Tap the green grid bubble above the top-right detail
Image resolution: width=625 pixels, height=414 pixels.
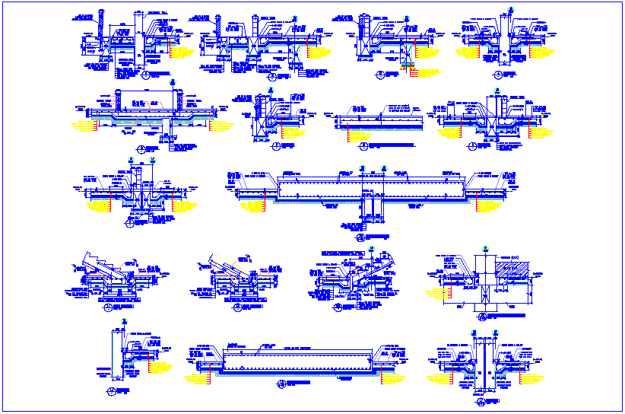coord(510,8)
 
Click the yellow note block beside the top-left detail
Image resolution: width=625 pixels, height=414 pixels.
coord(181,53)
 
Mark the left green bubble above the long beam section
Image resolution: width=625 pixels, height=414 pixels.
coord(360,167)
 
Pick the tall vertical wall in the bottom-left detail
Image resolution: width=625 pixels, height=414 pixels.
coord(119,350)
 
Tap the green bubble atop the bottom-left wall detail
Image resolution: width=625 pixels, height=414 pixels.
coord(122,323)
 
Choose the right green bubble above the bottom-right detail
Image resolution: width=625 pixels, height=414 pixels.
coord(495,332)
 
